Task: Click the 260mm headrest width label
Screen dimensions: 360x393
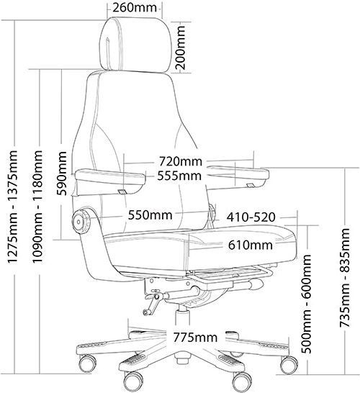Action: (x=135, y=7)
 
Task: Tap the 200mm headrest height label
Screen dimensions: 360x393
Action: (x=180, y=48)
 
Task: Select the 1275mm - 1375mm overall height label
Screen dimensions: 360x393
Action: (x=12, y=207)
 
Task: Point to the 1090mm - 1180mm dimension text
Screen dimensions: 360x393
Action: (x=37, y=207)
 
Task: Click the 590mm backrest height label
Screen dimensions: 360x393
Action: (x=61, y=173)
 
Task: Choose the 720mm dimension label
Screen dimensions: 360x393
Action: (x=180, y=161)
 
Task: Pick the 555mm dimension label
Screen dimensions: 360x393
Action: (x=179, y=176)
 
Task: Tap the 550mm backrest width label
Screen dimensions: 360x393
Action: (x=150, y=215)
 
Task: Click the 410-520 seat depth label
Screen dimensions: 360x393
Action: (x=251, y=217)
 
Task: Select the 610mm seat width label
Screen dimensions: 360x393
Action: (x=250, y=245)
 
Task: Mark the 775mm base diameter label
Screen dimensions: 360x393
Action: (x=195, y=338)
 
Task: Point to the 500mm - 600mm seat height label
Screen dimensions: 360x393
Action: (x=306, y=304)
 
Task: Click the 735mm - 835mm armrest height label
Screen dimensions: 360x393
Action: (x=344, y=278)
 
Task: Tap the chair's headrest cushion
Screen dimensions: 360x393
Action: (x=135, y=45)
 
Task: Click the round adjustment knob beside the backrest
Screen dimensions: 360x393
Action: (x=81, y=221)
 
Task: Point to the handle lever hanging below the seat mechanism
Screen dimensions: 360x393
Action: (x=152, y=303)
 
